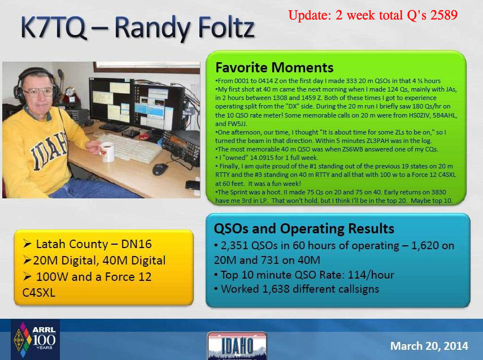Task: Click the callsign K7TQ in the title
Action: [x=53, y=28]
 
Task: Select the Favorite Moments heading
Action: [x=274, y=67]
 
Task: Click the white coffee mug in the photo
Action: [x=107, y=152]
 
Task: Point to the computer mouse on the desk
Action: [x=160, y=169]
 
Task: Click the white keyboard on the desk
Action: [x=131, y=148]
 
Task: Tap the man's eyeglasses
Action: [x=38, y=92]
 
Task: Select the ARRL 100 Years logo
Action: [x=35, y=339]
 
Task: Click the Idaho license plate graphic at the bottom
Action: [x=237, y=346]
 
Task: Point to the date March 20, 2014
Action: [x=429, y=346]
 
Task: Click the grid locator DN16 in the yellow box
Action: [x=136, y=244]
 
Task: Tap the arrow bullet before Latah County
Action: [x=28, y=244]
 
